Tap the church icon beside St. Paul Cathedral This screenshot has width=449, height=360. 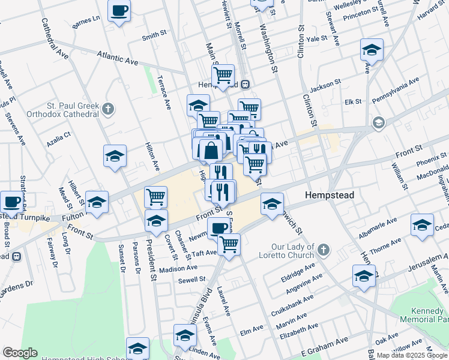click(x=108, y=109)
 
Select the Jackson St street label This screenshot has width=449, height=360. click(x=325, y=85)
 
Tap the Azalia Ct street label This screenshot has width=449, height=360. click(x=59, y=140)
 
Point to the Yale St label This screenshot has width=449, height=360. click(x=316, y=38)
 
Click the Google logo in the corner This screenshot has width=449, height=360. click(x=20, y=353)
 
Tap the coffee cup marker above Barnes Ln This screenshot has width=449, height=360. click(x=119, y=11)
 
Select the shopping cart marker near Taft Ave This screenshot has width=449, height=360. click(x=228, y=244)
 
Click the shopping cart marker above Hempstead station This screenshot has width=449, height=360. click(x=223, y=76)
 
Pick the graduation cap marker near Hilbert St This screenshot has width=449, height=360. click(x=97, y=202)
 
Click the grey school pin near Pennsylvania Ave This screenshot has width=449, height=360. click(x=378, y=123)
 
